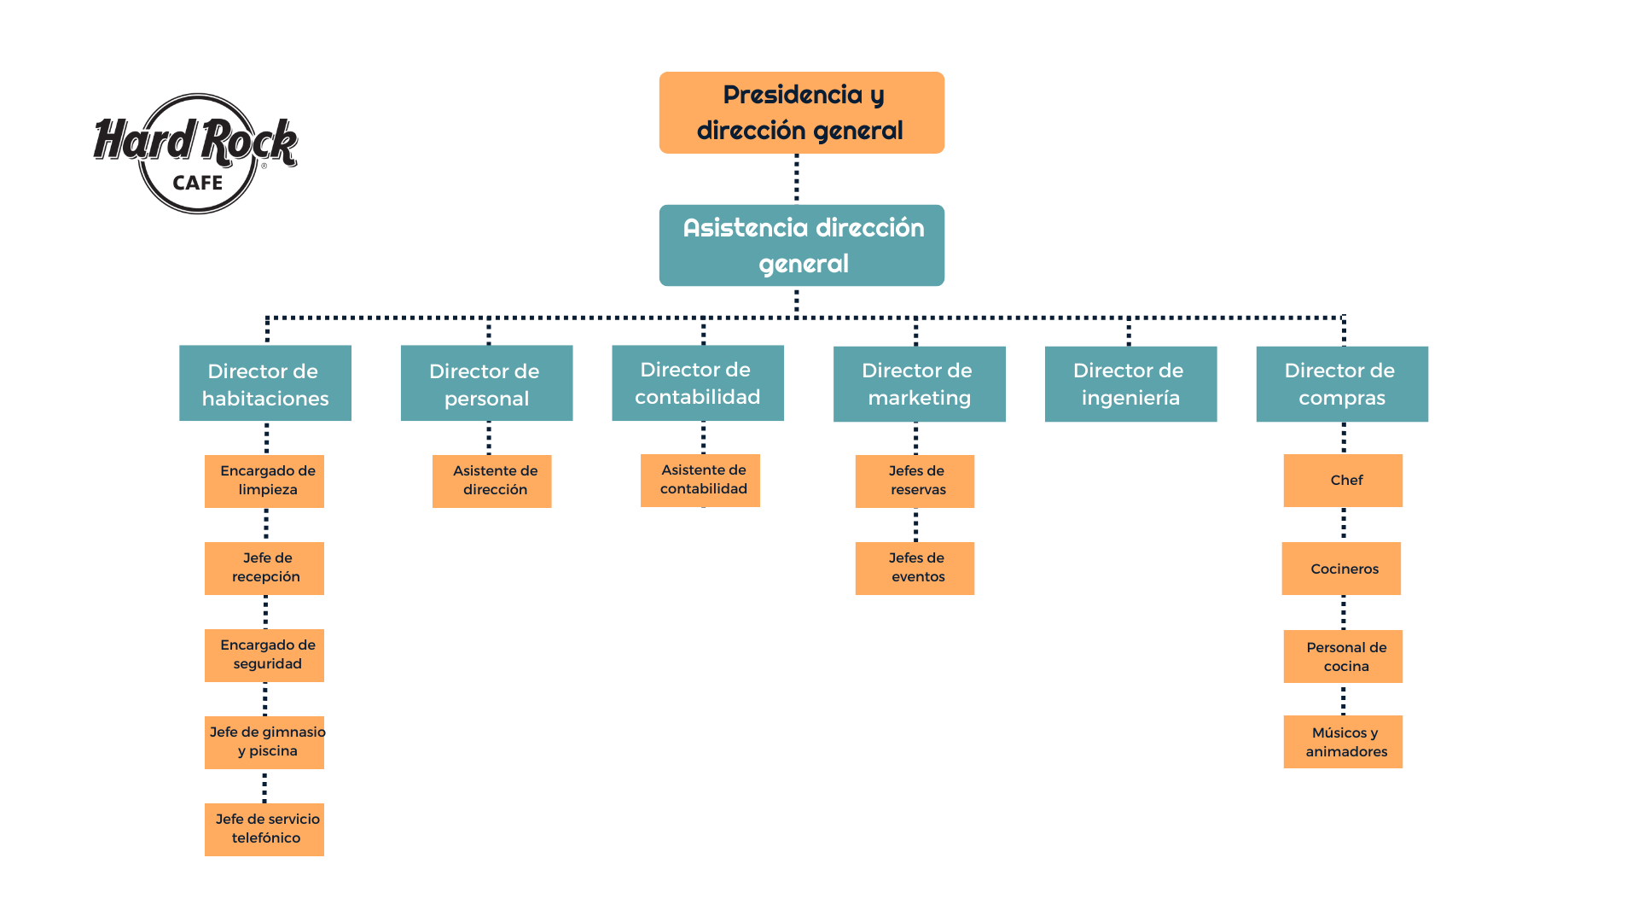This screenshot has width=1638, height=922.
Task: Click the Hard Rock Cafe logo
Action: tap(196, 154)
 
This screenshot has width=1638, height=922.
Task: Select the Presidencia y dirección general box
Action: tap(801, 113)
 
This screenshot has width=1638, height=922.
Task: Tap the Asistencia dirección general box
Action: tap(801, 245)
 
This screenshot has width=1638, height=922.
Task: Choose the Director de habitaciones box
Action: tap(265, 383)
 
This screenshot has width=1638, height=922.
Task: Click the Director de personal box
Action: tap(486, 383)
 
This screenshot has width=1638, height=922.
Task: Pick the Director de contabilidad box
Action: tap(698, 383)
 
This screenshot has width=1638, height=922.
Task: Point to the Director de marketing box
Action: tap(919, 384)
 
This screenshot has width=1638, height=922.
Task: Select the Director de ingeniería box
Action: tap(1130, 384)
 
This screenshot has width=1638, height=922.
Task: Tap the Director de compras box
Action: tap(1342, 384)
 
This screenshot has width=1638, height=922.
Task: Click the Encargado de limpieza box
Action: tap(264, 481)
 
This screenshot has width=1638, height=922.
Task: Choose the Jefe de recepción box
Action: tap(264, 569)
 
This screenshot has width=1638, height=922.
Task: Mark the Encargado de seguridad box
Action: tap(264, 656)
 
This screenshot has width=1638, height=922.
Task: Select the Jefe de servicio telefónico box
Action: tap(264, 830)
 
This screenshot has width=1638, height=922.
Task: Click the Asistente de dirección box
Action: tap(491, 481)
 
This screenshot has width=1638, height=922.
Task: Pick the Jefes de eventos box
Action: tap(915, 569)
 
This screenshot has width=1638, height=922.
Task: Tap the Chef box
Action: tap(1343, 481)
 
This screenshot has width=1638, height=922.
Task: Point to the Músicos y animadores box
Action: tap(1343, 742)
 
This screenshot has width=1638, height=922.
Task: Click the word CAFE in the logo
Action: tap(197, 183)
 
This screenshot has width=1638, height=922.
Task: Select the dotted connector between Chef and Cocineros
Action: tap(1344, 524)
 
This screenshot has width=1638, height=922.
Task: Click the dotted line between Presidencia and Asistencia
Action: tap(797, 178)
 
